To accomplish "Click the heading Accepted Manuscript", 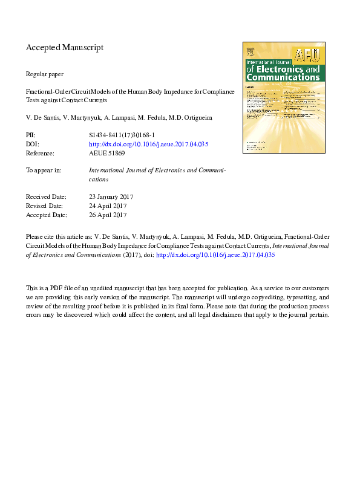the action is click(x=65, y=47).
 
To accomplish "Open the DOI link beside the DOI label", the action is click(x=148, y=144).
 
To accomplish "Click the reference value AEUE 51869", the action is click(x=106, y=154).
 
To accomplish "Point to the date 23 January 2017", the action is click(x=111, y=196).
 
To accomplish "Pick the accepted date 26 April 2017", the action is click(x=108, y=215).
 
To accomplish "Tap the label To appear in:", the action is click(x=43, y=170).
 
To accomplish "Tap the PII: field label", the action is click(x=31, y=135).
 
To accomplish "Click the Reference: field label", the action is click(x=41, y=154).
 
